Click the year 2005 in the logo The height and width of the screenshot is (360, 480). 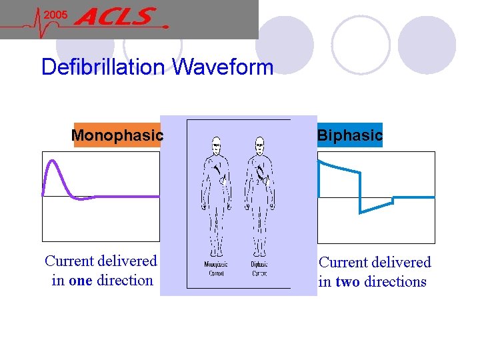pos(55,14)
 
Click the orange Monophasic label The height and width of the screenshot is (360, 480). pos(117,135)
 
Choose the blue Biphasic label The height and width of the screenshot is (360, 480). pos(349,135)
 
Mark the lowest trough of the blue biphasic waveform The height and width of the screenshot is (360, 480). pos(361,212)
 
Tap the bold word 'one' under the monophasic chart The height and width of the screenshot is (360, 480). pos(80,281)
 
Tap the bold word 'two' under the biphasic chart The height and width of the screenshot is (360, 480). pos(348,282)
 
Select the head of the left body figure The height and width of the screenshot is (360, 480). pos(216,145)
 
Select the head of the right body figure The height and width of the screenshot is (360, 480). pos(260,145)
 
